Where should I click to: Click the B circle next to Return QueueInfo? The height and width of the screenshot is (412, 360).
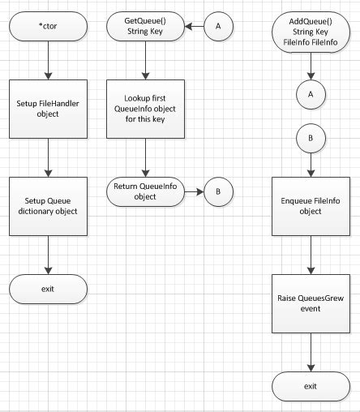click(218, 192)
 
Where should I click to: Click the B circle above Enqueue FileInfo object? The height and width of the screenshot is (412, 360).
click(311, 139)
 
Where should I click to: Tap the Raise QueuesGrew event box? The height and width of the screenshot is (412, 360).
click(311, 303)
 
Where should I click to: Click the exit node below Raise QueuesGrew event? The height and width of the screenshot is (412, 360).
click(311, 385)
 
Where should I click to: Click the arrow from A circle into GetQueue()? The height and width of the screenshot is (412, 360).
click(193, 27)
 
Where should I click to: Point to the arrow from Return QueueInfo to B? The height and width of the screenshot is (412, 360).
click(192, 192)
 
